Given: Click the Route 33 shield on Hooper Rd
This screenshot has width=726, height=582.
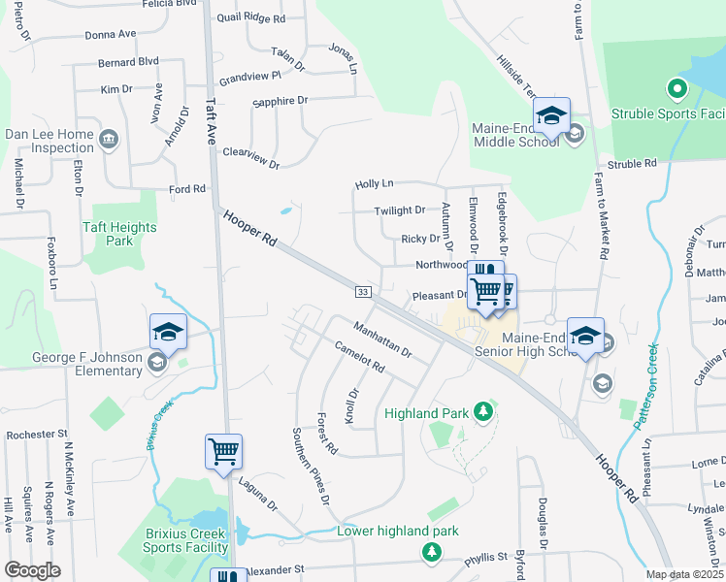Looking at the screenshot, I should click(362, 291).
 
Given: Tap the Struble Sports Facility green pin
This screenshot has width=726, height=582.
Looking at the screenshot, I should click(676, 91).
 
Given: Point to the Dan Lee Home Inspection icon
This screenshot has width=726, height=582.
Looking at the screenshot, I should click(108, 141).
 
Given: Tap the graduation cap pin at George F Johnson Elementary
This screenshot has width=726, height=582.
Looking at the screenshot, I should click(168, 331).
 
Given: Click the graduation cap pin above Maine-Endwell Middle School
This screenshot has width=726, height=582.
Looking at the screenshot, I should click(551, 115).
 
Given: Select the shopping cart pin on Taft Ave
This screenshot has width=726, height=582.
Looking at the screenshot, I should click(223, 451).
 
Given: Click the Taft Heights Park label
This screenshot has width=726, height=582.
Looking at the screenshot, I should click(119, 234).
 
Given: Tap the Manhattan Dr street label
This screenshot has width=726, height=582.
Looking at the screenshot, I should click(382, 339).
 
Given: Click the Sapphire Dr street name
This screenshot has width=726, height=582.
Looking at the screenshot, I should click(280, 101).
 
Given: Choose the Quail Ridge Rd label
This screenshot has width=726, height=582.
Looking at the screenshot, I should click(251, 18).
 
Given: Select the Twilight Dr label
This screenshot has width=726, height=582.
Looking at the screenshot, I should click(400, 210).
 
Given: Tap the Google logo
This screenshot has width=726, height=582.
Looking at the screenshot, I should click(32, 570).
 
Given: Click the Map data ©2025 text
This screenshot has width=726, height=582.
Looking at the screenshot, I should click(683, 574).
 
